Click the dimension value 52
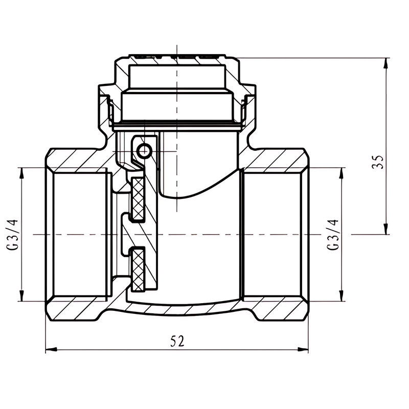pyautogui.click(x=177, y=340)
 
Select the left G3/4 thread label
pyautogui.click(x=12, y=235)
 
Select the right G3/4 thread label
pyautogui.click(x=333, y=235)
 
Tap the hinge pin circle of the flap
pyautogui.click(x=144, y=151)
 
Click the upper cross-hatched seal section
pyautogui.click(x=138, y=199)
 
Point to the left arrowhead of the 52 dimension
pyautogui.click(x=51, y=349)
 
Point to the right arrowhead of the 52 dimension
pyautogui.click(x=303, y=349)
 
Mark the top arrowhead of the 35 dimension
pyautogui.click(x=386, y=63)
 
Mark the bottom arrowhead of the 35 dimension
pyautogui.click(x=386, y=229)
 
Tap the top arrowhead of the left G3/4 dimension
pyautogui.click(x=21, y=173)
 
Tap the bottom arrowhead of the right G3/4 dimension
pyautogui.click(x=340, y=296)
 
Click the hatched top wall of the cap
pyautogui.click(x=177, y=60)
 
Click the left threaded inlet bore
pyautogui.click(x=80, y=235)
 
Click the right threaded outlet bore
pyautogui.click(x=272, y=235)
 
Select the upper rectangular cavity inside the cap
pyautogui.click(x=177, y=77)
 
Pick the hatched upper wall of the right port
pyautogui.click(x=274, y=159)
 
